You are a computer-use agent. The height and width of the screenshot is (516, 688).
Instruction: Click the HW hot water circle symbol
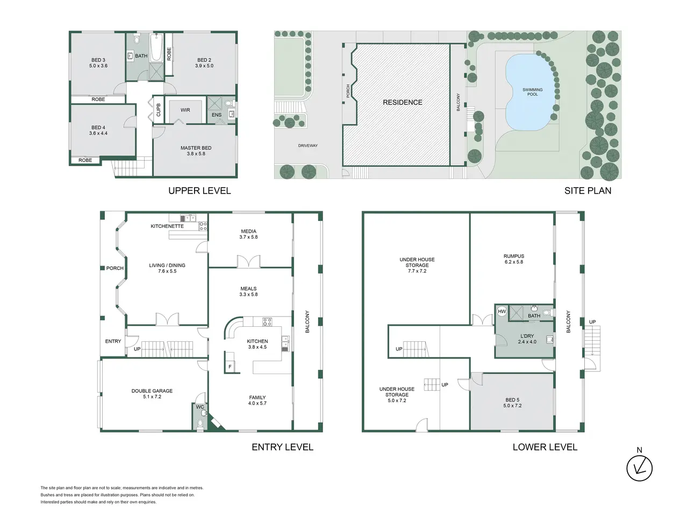502,311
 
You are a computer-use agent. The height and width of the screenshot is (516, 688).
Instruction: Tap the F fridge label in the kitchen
230,367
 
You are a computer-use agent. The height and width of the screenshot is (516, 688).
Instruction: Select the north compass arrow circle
639,468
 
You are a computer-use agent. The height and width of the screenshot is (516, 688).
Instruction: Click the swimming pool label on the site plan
532,92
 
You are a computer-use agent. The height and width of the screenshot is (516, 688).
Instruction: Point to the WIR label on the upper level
185,110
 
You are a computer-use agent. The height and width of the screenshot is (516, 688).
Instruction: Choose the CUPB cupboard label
158,110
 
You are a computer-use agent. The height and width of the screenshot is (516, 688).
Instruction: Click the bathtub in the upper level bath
156,48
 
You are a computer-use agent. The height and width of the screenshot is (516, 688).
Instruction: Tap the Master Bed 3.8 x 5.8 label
196,150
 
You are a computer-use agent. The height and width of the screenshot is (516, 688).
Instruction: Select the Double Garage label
152,393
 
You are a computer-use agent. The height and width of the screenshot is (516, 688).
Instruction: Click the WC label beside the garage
200,407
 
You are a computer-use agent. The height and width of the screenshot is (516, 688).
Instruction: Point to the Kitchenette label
167,226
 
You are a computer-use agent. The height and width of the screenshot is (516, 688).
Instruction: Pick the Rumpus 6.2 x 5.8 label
514,259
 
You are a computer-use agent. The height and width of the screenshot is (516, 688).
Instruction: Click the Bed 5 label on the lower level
512,403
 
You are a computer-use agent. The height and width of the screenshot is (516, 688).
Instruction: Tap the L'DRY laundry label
527,339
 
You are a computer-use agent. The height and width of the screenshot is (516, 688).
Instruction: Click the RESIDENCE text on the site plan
403,103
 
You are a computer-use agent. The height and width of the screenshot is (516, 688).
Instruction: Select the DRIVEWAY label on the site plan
308,146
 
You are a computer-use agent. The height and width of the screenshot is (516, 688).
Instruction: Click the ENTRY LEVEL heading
282,447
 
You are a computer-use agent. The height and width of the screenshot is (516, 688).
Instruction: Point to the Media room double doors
248,262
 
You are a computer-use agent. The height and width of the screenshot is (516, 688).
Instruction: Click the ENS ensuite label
217,115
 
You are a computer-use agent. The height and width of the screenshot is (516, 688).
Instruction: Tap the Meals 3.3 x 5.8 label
248,291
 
